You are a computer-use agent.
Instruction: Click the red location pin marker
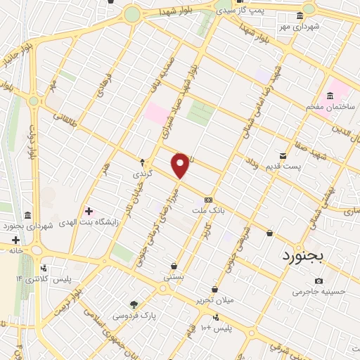tap(181, 165)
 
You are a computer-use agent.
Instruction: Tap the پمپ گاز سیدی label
tap(239, 11)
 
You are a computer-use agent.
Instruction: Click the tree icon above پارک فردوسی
tap(134, 304)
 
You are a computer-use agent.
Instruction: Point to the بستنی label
tap(174, 277)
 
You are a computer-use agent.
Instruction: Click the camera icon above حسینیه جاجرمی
tap(319, 281)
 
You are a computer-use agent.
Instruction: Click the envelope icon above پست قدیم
tap(283, 155)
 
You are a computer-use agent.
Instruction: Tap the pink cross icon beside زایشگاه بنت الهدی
tap(89, 210)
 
